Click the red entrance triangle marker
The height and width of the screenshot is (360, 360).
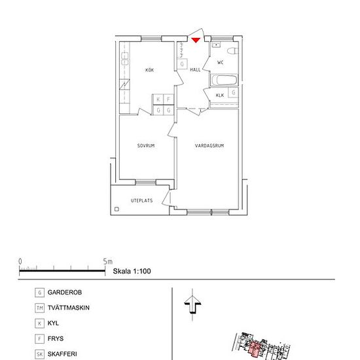tap(196, 41)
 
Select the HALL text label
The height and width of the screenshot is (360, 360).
tap(195, 69)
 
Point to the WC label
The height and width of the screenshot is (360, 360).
tap(221, 62)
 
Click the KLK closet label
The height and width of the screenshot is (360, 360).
tap(219, 96)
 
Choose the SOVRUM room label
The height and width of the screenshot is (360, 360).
tap(145, 146)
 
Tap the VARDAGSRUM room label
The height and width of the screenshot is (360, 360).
tap(209, 146)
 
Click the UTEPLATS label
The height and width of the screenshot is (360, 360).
tap(141, 201)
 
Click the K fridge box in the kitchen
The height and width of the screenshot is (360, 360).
tap(158, 99)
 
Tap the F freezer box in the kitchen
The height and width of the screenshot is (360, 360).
tap(168, 99)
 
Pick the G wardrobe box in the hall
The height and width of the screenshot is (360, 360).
tap(181, 64)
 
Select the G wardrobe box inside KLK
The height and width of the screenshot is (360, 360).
tap(233, 92)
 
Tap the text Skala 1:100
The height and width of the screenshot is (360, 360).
tap(132, 270)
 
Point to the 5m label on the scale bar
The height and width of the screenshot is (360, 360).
tap(108, 261)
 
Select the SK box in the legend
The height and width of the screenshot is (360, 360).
tap(40, 355)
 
